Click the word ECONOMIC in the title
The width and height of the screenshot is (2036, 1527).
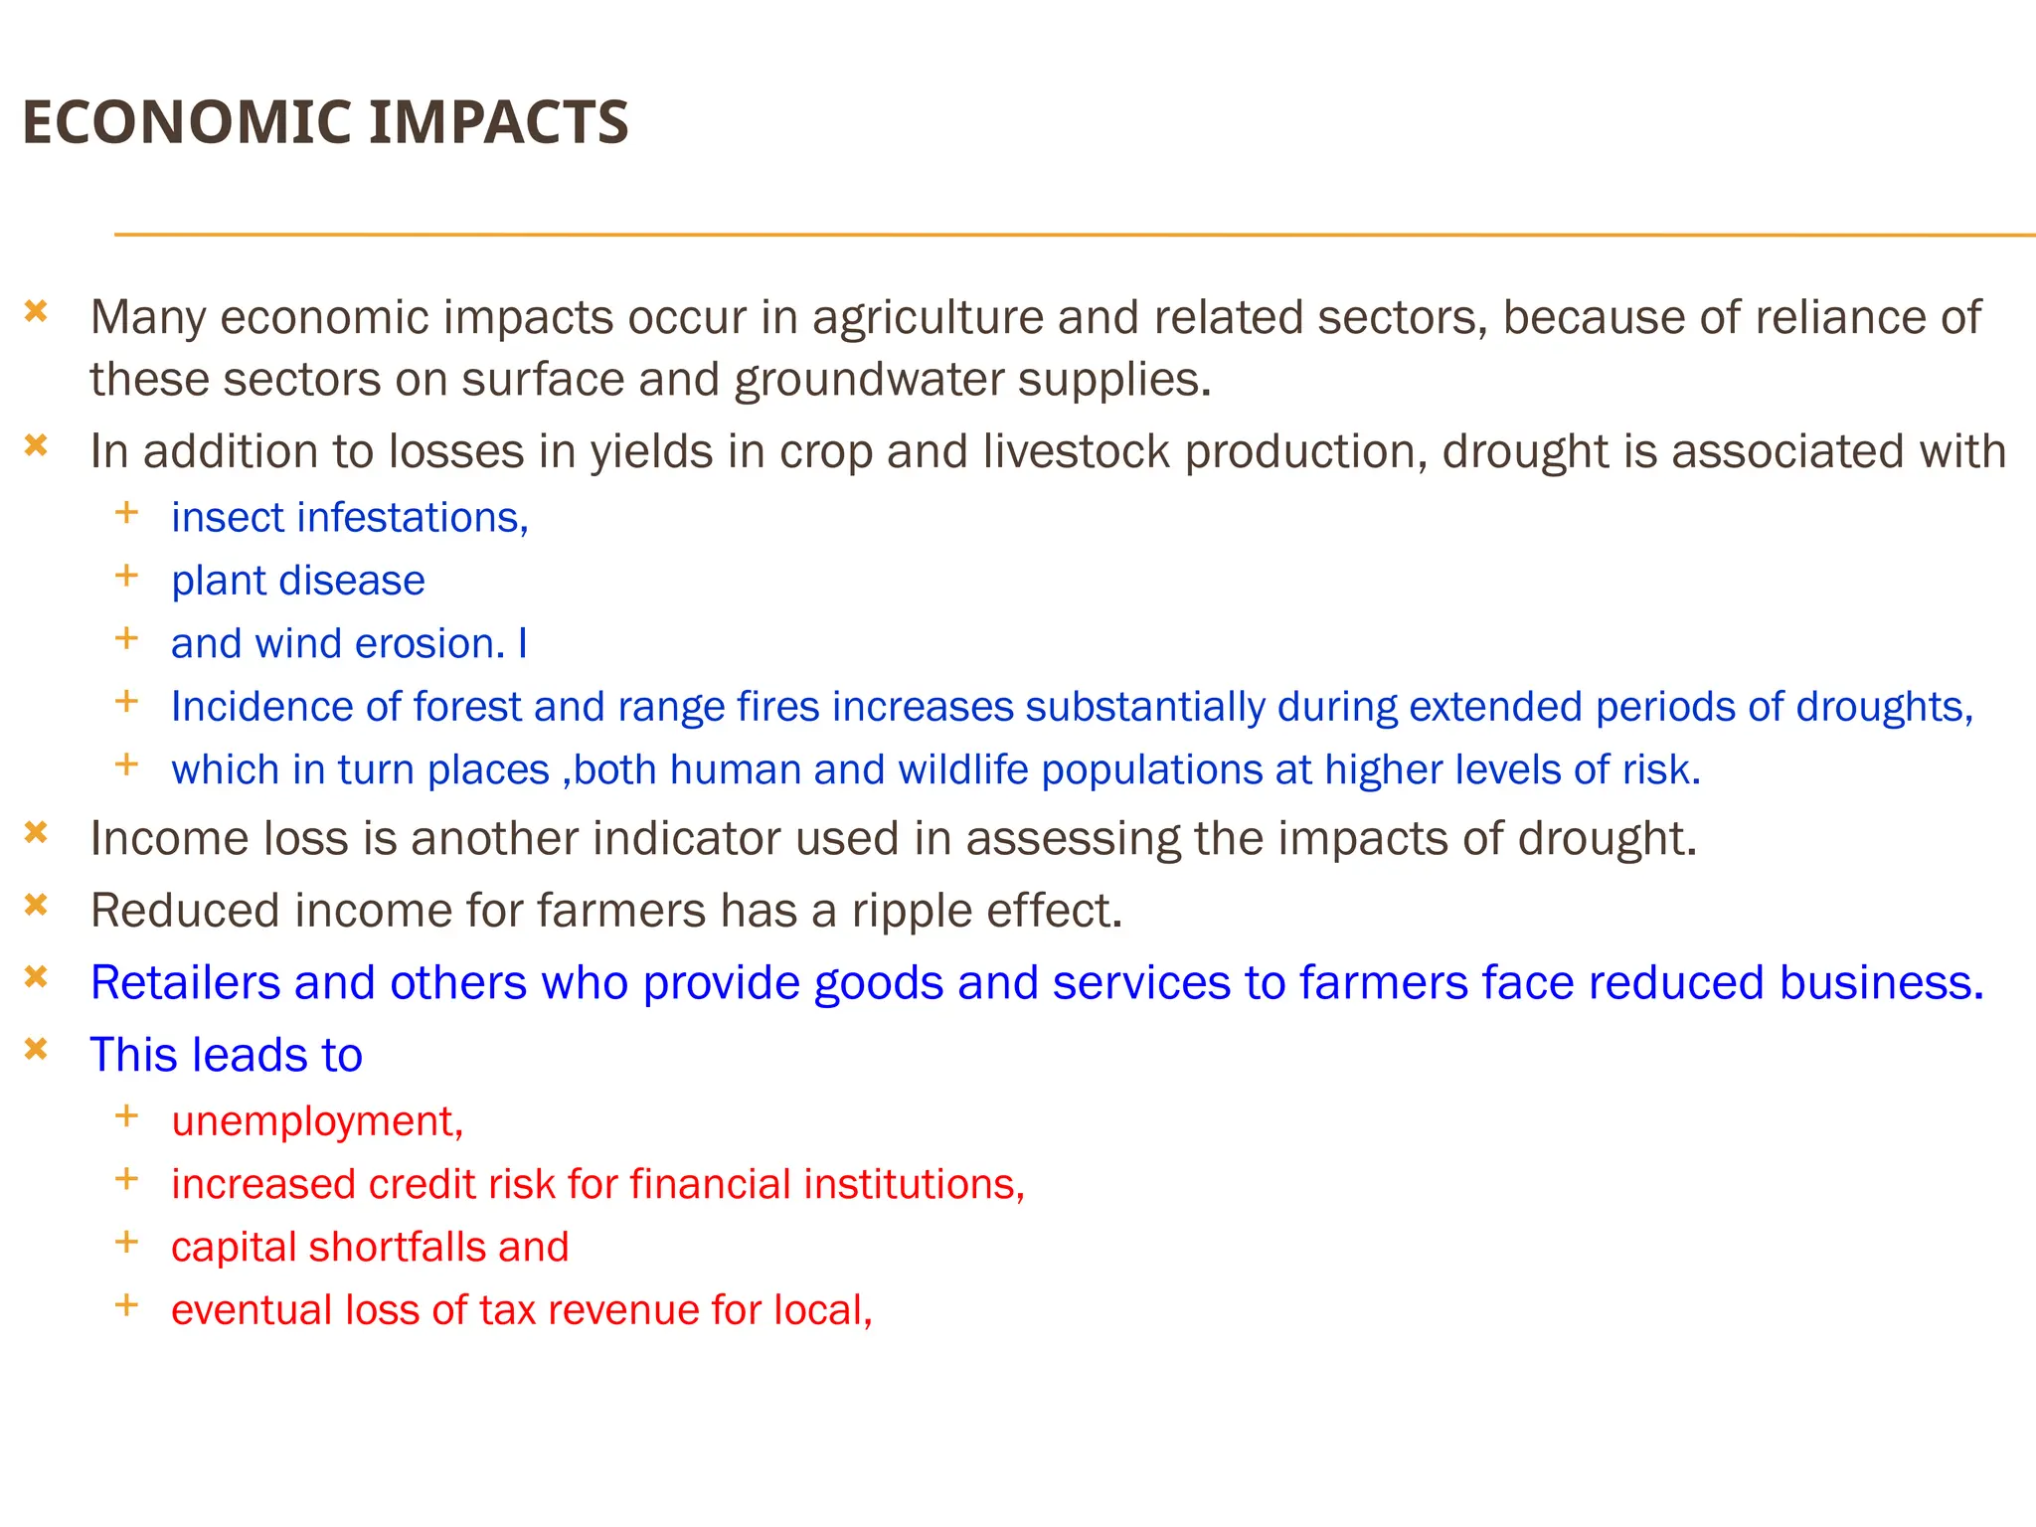coord(184,122)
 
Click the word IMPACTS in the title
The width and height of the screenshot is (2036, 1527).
coord(498,122)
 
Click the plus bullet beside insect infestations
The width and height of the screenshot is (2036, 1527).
coord(126,513)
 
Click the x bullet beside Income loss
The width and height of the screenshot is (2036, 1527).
coord(36,832)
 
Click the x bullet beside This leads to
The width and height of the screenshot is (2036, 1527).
coord(36,1049)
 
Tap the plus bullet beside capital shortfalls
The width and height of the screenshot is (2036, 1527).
coord(126,1242)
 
